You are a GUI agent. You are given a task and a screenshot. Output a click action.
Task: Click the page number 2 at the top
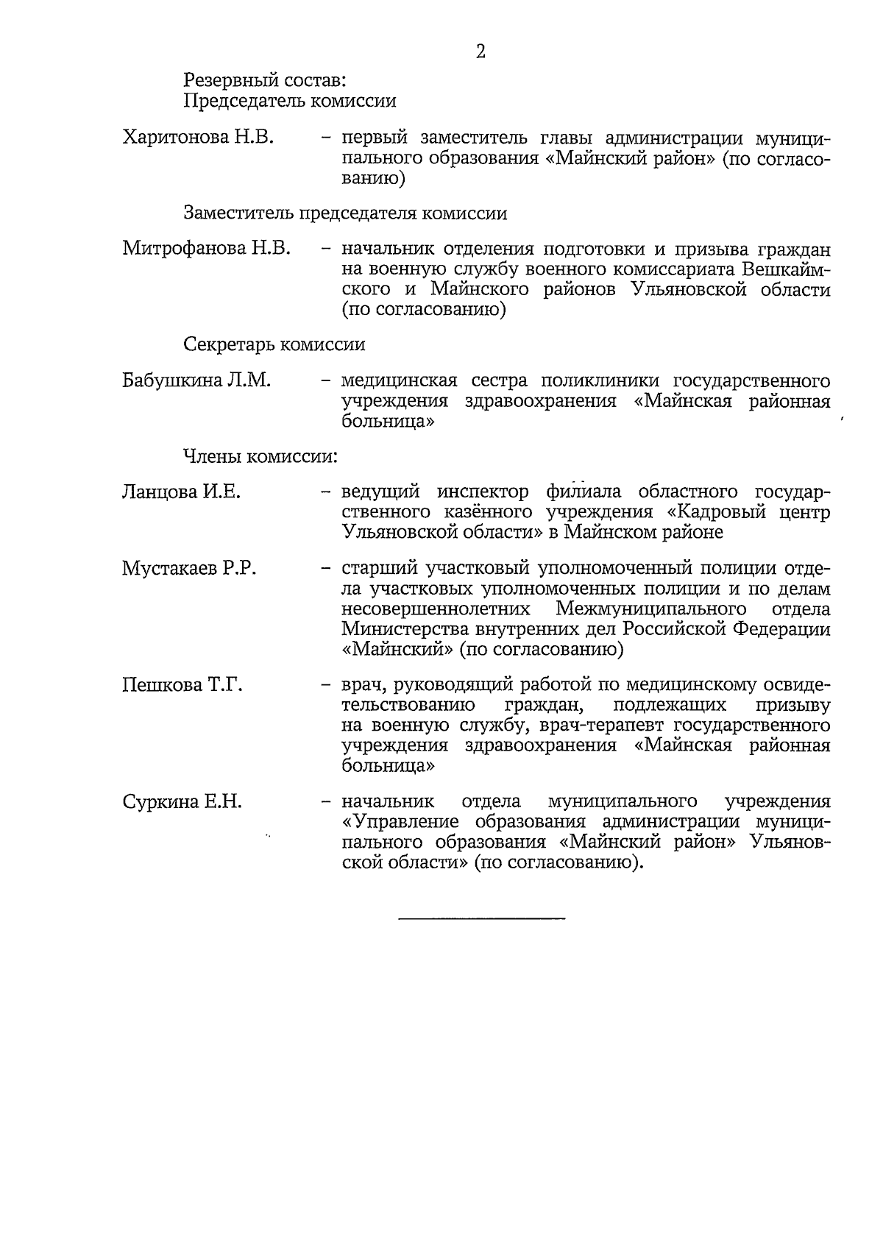click(480, 51)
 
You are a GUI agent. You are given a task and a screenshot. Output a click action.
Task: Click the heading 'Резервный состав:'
click(264, 79)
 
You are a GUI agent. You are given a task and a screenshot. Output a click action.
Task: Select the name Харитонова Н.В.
click(198, 138)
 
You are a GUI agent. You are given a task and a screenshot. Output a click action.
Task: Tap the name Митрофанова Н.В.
click(207, 249)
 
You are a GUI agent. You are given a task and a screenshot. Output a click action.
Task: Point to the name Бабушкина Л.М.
click(196, 380)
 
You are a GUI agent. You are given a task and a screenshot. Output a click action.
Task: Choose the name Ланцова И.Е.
click(181, 492)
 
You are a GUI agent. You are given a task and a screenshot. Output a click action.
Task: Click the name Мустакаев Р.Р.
click(189, 569)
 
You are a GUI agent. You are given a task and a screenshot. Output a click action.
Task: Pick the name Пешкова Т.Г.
click(182, 685)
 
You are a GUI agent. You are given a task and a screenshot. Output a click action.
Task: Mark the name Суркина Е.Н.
click(182, 801)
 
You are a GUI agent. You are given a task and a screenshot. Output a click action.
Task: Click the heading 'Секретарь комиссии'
click(274, 344)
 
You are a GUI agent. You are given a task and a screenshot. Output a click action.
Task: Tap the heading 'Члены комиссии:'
click(260, 456)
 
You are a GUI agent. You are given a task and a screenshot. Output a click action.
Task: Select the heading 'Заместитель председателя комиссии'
click(345, 213)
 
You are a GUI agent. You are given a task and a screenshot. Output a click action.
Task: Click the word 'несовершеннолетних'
click(436, 609)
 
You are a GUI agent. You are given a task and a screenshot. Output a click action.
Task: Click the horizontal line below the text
click(481, 918)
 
